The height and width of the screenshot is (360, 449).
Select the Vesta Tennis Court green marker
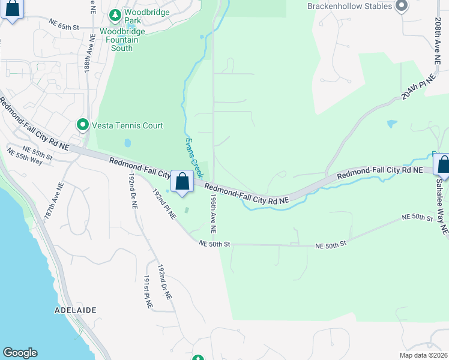click(83, 125)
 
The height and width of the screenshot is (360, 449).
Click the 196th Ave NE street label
click(213, 217)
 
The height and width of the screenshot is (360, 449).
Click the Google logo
click(20, 353)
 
